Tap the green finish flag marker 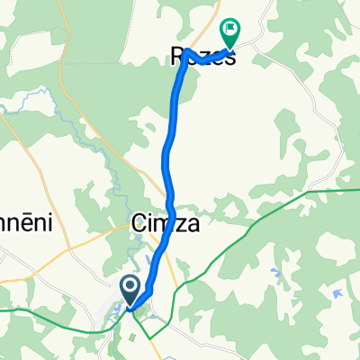click(x=231, y=33)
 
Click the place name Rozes click(x=202, y=58)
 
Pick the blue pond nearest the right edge click(x=337, y=292)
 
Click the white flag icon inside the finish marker click(x=231, y=30)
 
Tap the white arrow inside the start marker click(x=129, y=287)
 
